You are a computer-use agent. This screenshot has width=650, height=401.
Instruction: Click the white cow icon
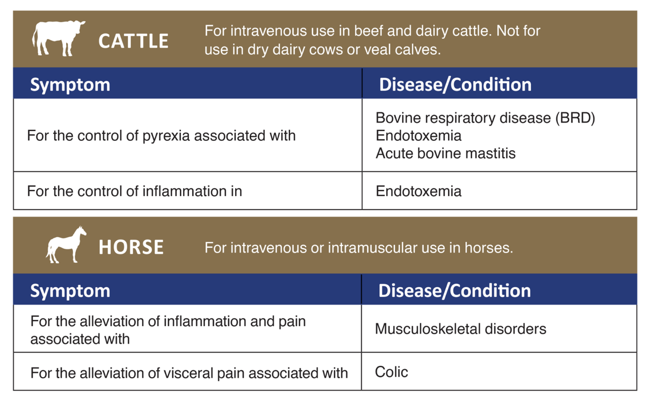click(x=58, y=38)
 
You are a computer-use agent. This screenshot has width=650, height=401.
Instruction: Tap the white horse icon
click(x=66, y=245)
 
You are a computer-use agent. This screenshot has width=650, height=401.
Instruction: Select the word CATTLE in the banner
click(x=133, y=41)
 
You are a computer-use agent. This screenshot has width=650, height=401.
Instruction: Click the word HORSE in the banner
click(x=131, y=247)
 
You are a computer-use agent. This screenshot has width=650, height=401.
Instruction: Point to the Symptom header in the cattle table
click(x=70, y=85)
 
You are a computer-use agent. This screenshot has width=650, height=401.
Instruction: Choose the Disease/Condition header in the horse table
click(x=454, y=290)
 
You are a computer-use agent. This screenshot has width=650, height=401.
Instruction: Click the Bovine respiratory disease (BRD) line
click(x=485, y=118)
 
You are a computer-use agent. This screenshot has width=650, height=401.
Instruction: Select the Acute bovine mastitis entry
click(x=445, y=153)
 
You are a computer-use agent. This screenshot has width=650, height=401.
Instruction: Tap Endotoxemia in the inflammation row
click(x=418, y=191)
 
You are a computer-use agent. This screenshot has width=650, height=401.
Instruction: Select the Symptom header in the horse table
click(x=70, y=291)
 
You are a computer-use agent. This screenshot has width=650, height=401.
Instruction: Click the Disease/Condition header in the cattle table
click(x=456, y=85)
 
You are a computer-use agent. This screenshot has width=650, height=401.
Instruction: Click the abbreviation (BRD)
click(x=575, y=118)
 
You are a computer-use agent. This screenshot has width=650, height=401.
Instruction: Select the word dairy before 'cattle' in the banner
click(x=432, y=31)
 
